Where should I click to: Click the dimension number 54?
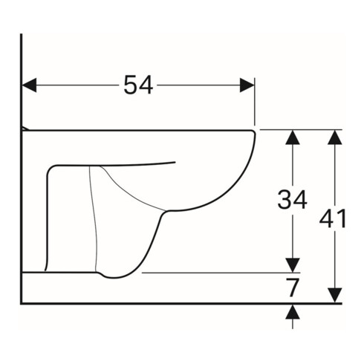coord(138,85)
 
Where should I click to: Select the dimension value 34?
coord(292,199)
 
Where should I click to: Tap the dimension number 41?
coord(334,218)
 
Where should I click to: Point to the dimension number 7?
coord(294,287)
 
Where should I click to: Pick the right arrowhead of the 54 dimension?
coord(247,85)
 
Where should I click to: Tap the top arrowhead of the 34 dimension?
coord(293,137)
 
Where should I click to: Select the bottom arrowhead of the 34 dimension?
coord(293,265)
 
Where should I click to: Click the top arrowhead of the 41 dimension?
coord(335,137)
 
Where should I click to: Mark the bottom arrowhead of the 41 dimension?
coord(335,295)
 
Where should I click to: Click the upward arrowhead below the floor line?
coord(293,311)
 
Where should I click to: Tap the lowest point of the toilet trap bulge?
coord(115,278)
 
